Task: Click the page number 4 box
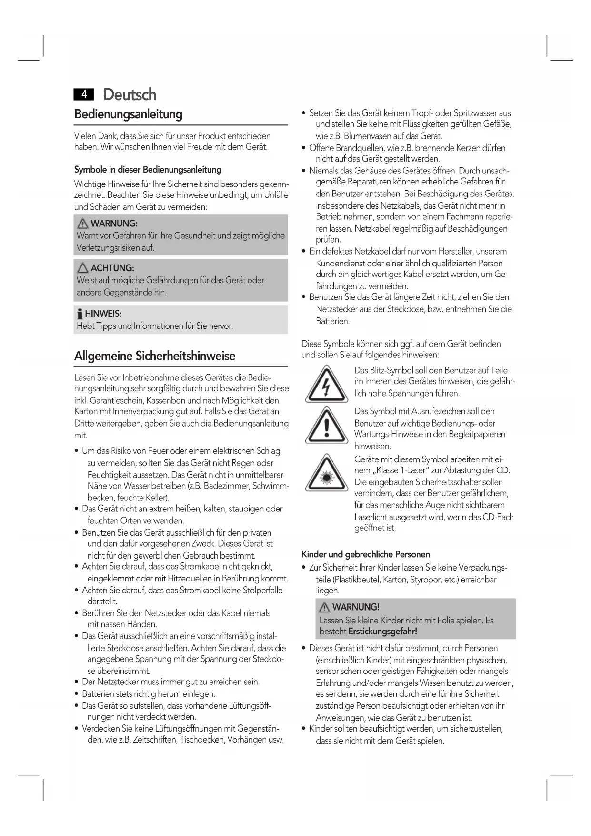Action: (x=84, y=94)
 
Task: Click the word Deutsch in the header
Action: (x=130, y=94)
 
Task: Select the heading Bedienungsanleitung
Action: (x=128, y=114)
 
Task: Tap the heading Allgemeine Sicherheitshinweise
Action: (x=155, y=356)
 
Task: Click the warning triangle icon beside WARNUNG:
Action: (x=83, y=223)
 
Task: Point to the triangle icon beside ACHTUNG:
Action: (x=83, y=268)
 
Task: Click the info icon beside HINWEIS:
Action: (x=80, y=314)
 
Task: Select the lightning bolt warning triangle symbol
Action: (x=326, y=384)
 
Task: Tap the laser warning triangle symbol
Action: (x=326, y=474)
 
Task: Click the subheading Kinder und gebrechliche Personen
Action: (x=366, y=554)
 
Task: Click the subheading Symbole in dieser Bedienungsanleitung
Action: (x=148, y=170)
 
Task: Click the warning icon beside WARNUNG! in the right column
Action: (x=325, y=607)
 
